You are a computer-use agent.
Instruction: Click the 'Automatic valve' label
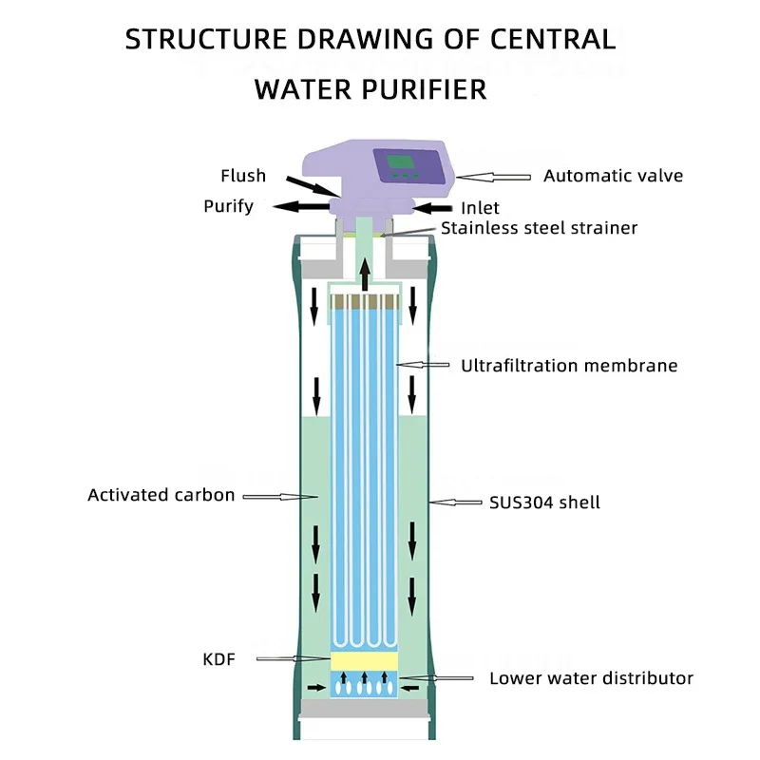click(x=613, y=176)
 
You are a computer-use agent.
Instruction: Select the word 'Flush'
click(x=243, y=176)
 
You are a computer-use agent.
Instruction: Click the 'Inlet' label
click(x=480, y=208)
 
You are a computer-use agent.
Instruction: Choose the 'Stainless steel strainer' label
click(x=539, y=228)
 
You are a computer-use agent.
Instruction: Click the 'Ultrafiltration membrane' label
click(x=569, y=366)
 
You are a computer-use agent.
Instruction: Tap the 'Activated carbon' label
click(x=161, y=495)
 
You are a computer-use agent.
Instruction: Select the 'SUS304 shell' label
click(x=544, y=502)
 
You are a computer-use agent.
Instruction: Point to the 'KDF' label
click(x=219, y=656)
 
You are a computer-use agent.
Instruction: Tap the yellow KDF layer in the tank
click(x=364, y=659)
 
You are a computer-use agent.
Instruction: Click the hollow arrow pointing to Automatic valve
click(x=490, y=176)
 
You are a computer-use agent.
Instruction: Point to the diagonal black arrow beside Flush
click(x=309, y=184)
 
